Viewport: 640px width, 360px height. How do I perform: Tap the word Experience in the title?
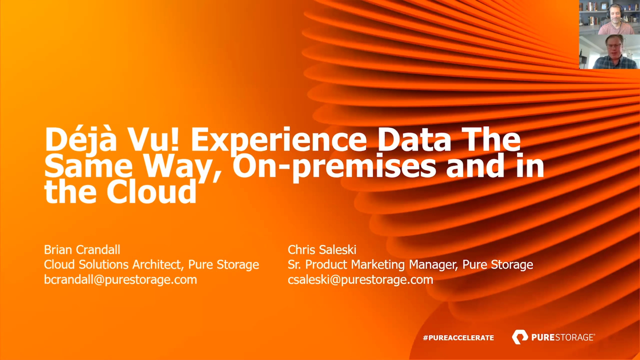(278, 142)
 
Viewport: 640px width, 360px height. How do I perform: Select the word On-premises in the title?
(334, 166)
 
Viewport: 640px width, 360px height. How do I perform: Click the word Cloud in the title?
(151, 191)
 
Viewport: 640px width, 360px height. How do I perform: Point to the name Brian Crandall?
(82, 249)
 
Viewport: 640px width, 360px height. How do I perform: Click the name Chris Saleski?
(322, 249)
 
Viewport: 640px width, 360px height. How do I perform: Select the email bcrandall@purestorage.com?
(120, 279)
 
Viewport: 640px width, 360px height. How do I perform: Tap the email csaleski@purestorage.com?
(360, 279)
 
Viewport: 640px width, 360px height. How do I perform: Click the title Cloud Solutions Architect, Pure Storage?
(151, 265)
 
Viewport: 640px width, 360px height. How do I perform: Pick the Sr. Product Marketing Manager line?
(410, 265)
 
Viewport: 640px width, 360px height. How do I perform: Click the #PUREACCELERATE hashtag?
(458, 337)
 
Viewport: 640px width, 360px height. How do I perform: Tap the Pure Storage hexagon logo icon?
(519, 337)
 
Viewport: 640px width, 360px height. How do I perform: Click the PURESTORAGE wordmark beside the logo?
(563, 337)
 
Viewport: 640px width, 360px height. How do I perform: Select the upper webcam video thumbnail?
(609, 17)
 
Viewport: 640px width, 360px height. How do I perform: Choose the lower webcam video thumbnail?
(609, 51)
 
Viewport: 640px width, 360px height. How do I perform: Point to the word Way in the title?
(183, 167)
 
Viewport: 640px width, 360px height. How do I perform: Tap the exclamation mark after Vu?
(175, 140)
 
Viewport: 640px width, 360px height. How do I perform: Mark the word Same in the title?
(88, 165)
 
